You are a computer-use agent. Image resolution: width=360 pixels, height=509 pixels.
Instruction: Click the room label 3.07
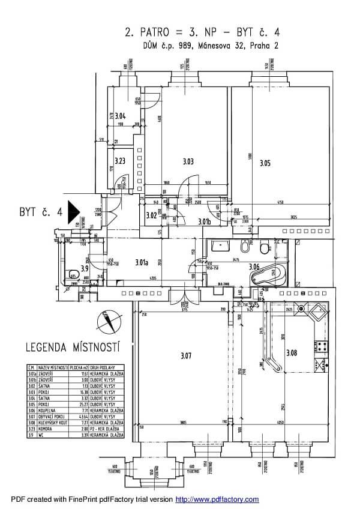(185, 356)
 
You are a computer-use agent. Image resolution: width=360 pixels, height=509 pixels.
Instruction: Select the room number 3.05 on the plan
(265, 163)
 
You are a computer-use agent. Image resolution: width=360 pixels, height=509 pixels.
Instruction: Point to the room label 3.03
(188, 161)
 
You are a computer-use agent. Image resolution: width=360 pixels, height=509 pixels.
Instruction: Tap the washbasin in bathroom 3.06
(217, 246)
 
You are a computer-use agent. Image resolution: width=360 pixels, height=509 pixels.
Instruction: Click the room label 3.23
(119, 161)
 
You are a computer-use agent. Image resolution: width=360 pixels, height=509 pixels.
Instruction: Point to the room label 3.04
(120, 116)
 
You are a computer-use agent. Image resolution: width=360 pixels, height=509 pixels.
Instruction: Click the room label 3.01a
(142, 262)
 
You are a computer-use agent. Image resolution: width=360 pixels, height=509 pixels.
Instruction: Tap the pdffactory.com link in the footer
(217, 499)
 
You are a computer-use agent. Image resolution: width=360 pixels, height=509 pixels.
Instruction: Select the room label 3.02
(151, 215)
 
